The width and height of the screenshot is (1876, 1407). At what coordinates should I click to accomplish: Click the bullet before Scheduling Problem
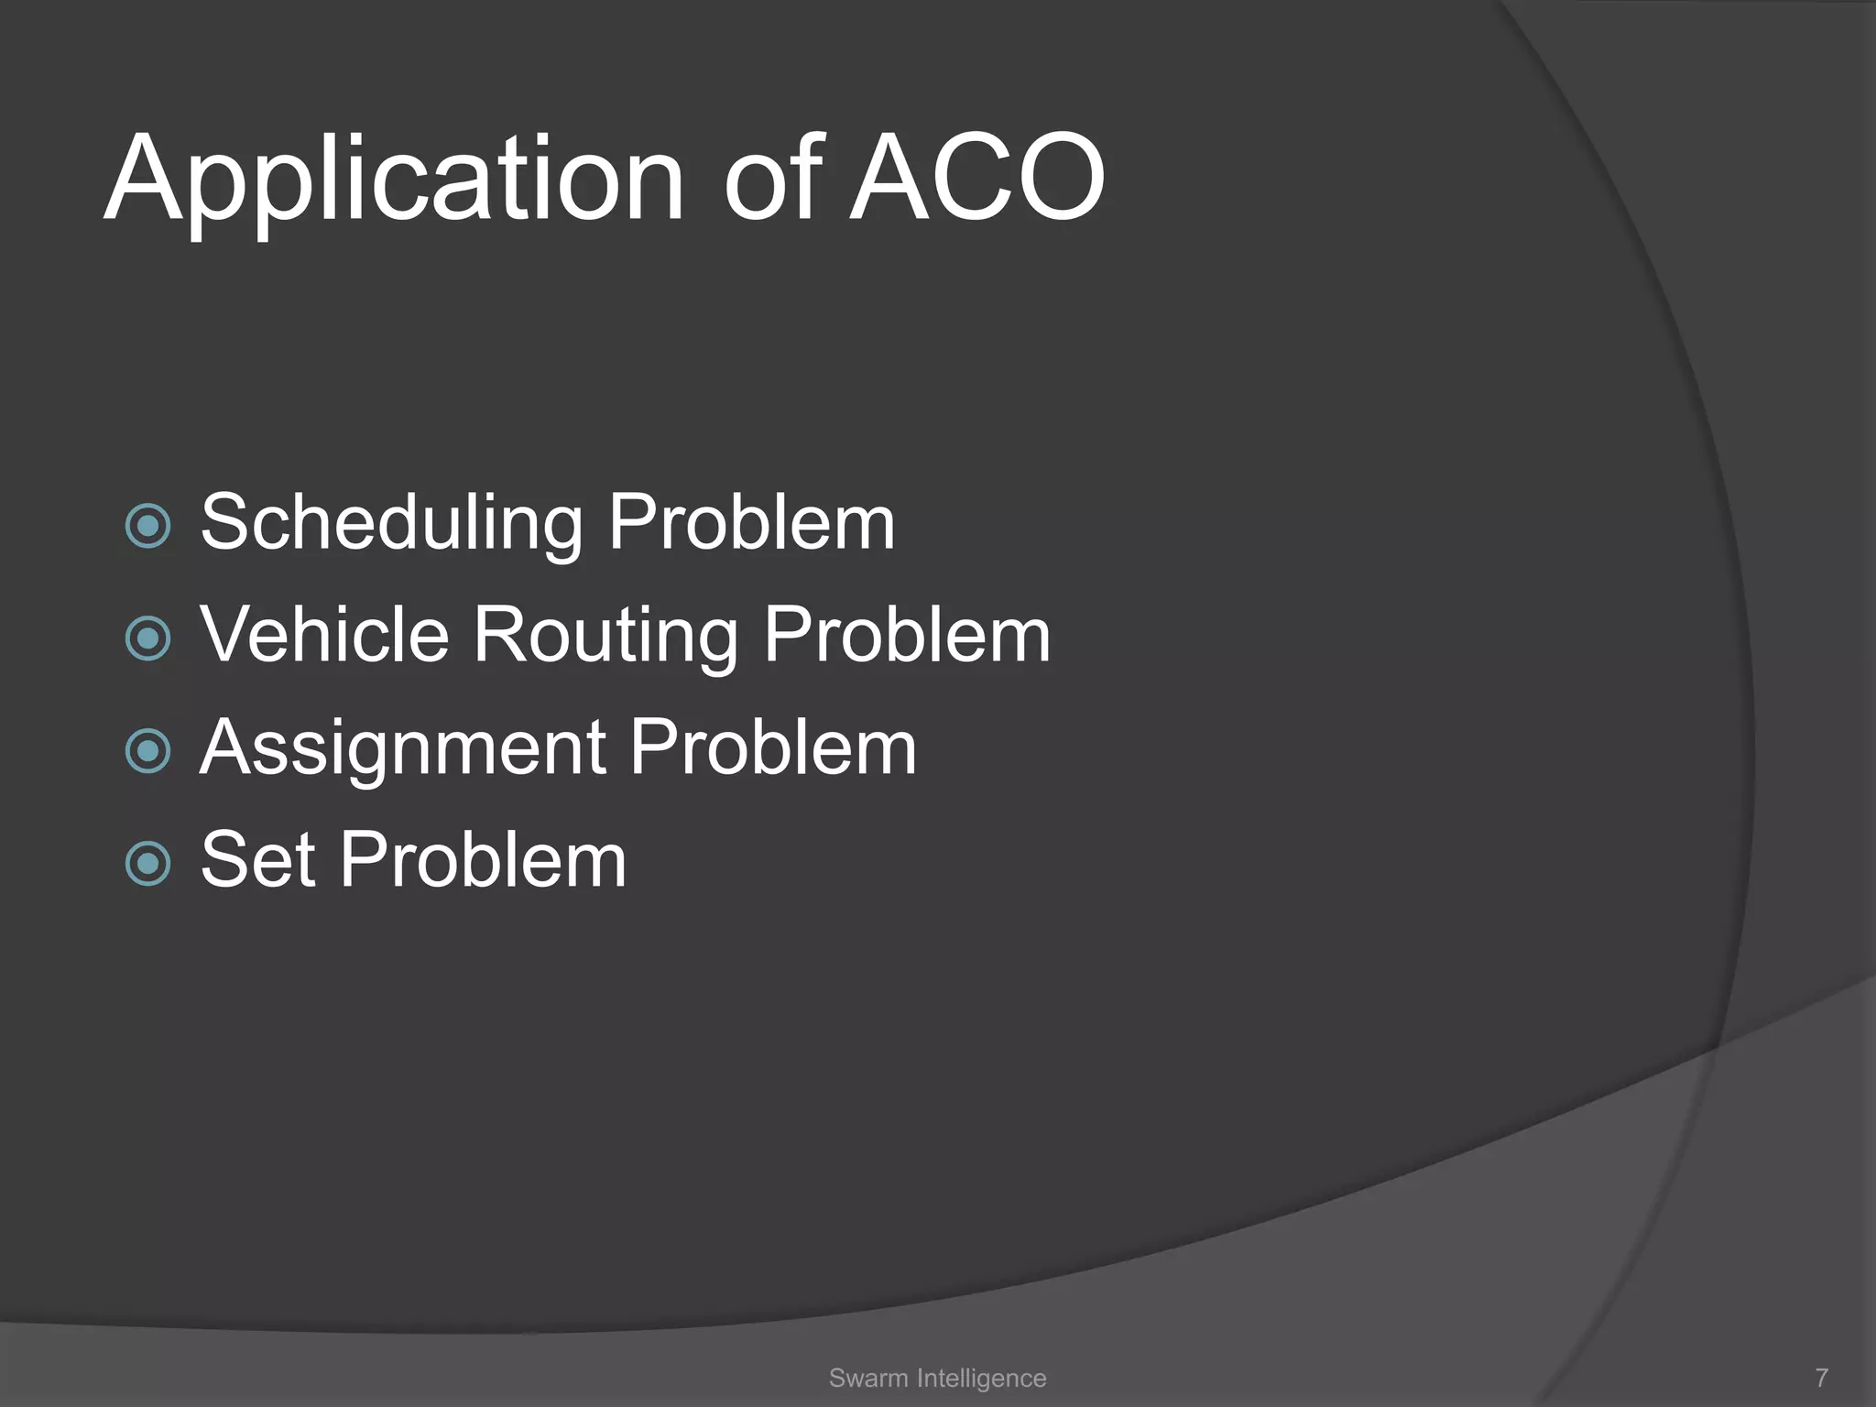(x=147, y=526)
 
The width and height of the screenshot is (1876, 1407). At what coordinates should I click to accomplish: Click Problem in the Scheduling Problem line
(x=751, y=522)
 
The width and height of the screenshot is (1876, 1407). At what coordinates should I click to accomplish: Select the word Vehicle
(x=325, y=634)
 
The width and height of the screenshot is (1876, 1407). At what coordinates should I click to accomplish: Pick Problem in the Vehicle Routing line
(x=907, y=634)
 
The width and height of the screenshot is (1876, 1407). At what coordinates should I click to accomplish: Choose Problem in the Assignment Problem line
(x=772, y=747)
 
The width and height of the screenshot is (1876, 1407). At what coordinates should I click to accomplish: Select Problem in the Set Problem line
(x=483, y=859)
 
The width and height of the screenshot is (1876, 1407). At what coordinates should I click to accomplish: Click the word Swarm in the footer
(x=867, y=1378)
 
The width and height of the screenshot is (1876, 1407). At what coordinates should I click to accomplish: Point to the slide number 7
(x=1821, y=1378)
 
